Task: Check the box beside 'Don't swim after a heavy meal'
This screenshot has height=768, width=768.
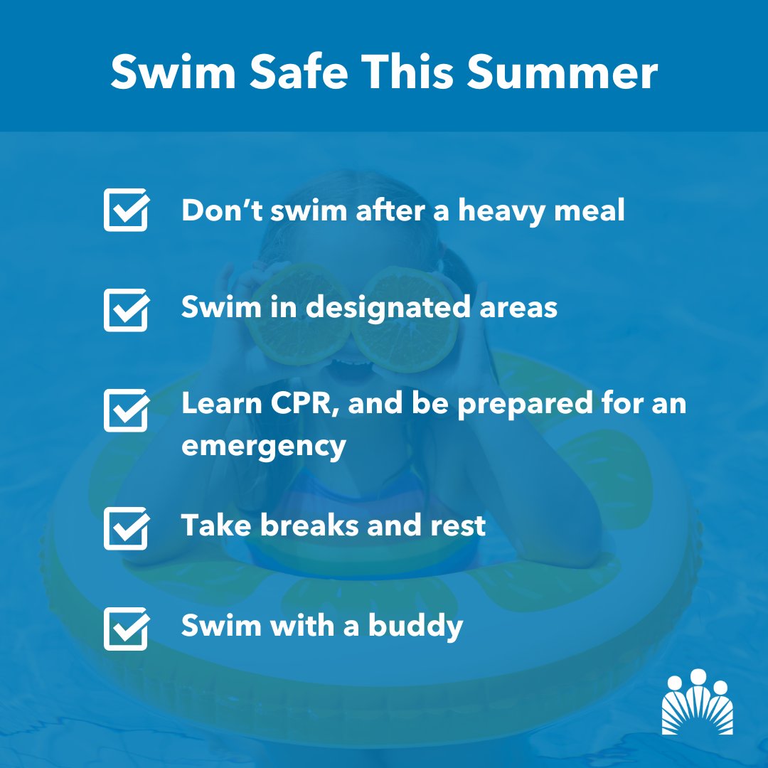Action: point(126,210)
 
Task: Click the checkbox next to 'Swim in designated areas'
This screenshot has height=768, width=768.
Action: point(126,309)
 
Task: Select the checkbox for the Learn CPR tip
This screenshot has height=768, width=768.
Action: point(126,410)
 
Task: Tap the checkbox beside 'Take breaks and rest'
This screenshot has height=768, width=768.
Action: point(126,528)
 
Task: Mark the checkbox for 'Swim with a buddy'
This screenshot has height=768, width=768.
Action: point(126,628)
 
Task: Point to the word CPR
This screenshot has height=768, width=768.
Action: point(299,404)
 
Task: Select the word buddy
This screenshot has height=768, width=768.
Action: point(416,626)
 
